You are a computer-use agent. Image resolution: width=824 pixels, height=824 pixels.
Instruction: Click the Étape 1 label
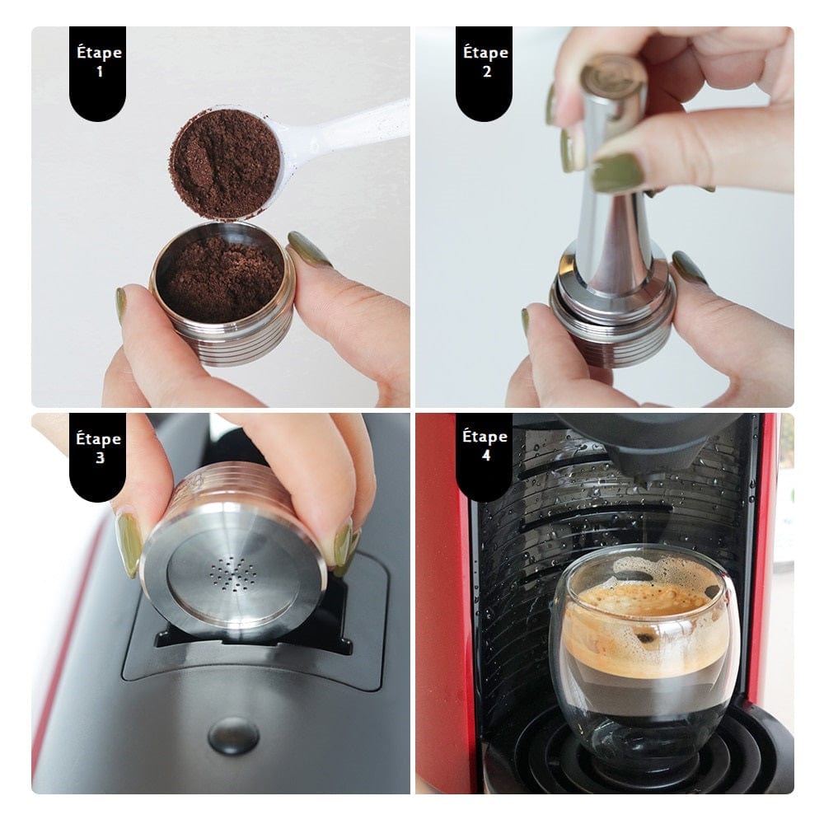pyautogui.click(x=98, y=63)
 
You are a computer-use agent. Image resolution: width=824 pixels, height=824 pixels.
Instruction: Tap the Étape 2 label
pyautogui.click(x=485, y=63)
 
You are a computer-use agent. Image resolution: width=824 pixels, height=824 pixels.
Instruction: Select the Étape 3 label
pyautogui.click(x=98, y=448)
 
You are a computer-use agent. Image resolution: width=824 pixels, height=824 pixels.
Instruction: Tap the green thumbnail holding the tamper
pyautogui.click(x=617, y=172)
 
